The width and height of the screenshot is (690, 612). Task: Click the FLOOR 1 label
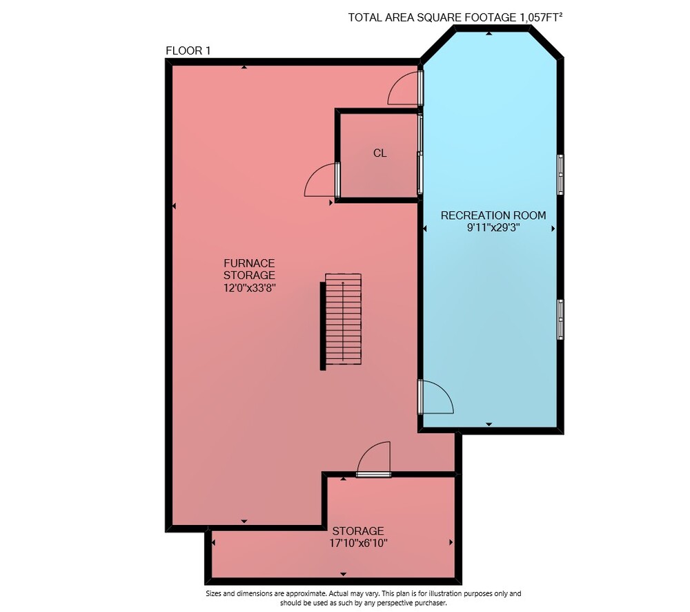188,50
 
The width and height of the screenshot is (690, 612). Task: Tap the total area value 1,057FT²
541,17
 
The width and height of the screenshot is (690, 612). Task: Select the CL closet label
379,153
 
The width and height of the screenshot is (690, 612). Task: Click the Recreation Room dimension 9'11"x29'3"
493,228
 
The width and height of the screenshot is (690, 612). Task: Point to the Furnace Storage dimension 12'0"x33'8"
250,288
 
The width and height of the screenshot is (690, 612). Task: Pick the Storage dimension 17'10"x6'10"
358,543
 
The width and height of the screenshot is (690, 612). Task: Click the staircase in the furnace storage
341,321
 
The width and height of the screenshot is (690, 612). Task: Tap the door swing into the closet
322,180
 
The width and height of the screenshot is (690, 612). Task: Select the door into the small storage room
373,459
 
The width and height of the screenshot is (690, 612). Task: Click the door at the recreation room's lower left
435,397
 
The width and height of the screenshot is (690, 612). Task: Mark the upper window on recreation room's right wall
560,175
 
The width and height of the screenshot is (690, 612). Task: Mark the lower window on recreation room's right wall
560,319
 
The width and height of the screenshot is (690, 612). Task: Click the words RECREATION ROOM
493,216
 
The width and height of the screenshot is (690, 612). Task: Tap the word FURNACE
249,263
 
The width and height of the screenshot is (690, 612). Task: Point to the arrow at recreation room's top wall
489,33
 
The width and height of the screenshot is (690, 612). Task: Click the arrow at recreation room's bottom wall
489,424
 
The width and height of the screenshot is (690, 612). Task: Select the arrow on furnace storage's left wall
175,206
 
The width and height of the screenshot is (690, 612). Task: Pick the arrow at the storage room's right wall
451,542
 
